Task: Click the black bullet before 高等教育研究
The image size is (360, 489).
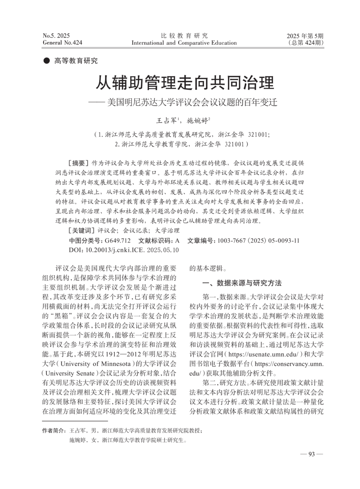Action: (x=46, y=61)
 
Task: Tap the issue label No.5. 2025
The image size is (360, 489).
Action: (x=57, y=35)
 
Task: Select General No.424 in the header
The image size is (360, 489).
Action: (x=63, y=43)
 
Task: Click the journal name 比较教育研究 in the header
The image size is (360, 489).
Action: (x=184, y=35)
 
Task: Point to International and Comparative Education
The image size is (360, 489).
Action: (x=184, y=43)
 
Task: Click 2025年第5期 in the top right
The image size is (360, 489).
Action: (x=305, y=35)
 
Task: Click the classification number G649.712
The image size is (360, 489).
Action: (x=116, y=241)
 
